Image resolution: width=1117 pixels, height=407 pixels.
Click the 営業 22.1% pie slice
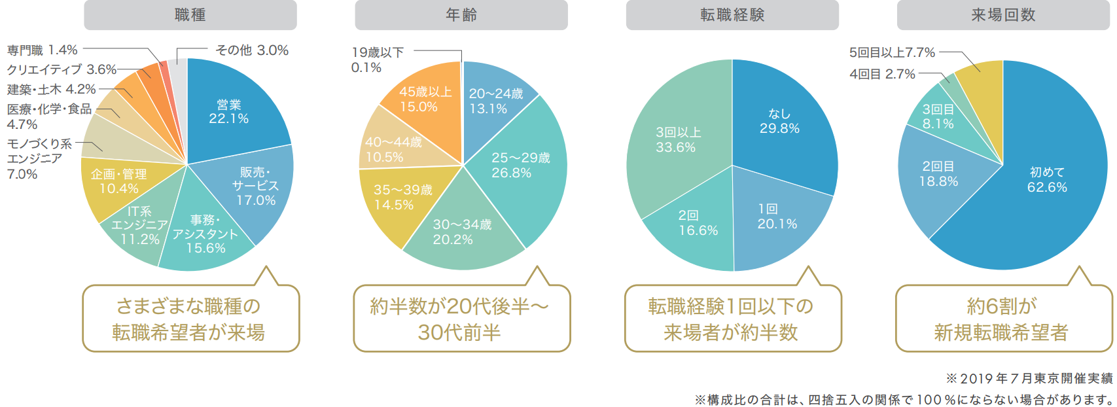229,112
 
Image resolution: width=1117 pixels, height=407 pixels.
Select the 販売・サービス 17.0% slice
255,186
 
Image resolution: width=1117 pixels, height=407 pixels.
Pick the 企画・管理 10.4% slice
119,181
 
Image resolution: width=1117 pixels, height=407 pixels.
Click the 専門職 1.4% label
43,50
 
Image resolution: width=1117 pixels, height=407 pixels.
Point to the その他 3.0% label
252,50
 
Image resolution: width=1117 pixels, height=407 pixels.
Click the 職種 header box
190,15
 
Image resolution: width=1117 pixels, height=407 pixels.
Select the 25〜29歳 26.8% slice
520,165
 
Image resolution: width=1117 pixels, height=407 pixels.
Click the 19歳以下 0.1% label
377,60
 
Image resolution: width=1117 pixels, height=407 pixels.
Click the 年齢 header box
461,15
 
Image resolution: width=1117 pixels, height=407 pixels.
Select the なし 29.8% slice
779,122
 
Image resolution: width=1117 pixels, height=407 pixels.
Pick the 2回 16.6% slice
698,223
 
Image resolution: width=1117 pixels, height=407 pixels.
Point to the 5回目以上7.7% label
892,52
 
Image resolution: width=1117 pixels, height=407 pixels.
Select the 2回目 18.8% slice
938,174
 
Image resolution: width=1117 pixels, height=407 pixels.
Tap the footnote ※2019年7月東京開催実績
1029,378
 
